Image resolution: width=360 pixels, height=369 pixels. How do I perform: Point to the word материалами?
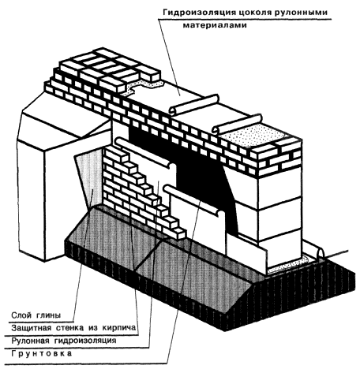coord(215,25)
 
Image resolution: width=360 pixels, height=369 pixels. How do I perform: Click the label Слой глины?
coord(36,315)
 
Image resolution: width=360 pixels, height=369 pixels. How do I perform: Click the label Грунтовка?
coord(41,353)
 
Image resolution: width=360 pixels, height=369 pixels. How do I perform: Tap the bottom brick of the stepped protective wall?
coord(179,233)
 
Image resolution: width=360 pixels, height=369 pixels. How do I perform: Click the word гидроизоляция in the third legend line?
coord(85,341)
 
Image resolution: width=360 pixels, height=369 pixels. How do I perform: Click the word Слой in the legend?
coord(21,315)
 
